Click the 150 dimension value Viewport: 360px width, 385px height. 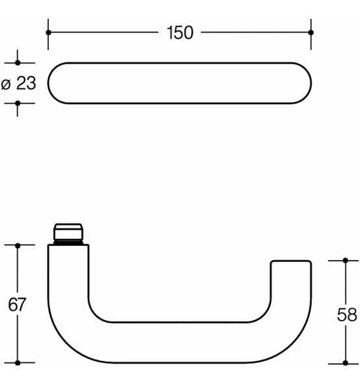coord(180,33)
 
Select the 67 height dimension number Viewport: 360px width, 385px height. coord(17,304)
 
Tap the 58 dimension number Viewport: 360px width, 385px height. coord(347,315)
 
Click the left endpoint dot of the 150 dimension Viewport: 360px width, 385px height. coord(48,32)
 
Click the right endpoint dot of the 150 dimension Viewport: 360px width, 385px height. coord(311,32)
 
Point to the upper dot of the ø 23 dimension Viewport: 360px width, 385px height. coord(18,63)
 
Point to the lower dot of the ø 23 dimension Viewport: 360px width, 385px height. coord(18,103)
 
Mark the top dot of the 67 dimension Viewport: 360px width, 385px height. coord(18,245)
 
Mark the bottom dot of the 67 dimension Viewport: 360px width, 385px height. coord(18,362)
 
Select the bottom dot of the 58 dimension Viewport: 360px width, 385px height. coord(346,362)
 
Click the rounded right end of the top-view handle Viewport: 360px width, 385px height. coord(300,83)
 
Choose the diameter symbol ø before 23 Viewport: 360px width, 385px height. coord(6,84)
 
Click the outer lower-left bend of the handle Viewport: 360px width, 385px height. coord(65,341)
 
